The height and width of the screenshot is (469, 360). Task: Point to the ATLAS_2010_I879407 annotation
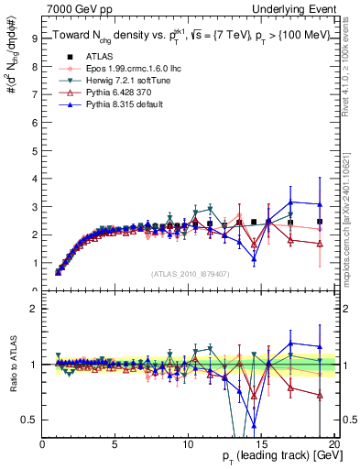(x=189, y=272)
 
